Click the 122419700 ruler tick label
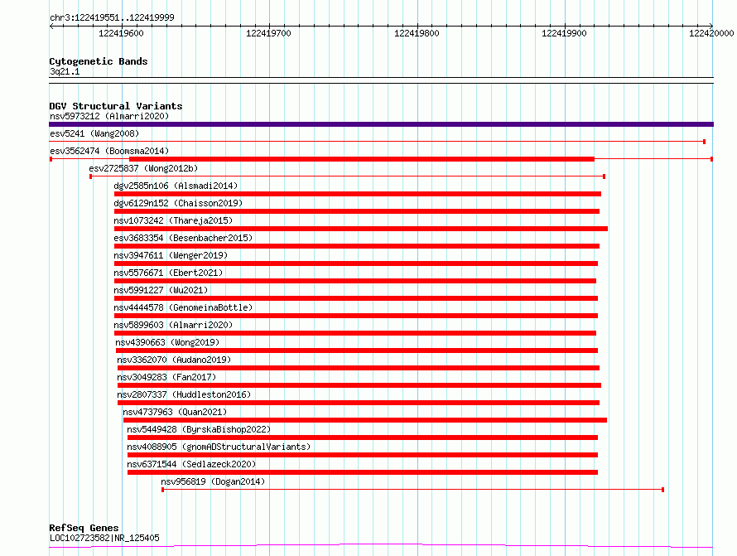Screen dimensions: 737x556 tap(268, 33)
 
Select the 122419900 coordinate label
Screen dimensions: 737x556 tap(564, 33)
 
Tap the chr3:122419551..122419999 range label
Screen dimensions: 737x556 tap(112, 17)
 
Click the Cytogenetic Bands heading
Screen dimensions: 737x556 tap(99, 61)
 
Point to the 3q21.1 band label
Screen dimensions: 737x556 tap(65, 71)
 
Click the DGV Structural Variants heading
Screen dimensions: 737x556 tap(116, 106)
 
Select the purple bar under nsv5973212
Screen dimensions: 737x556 tap(381, 124)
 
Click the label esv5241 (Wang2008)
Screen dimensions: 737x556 tap(94, 133)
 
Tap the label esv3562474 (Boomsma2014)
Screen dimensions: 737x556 tap(109, 151)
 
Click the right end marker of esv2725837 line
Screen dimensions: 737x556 tap(604, 176)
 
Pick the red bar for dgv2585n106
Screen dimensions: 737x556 tap(357, 194)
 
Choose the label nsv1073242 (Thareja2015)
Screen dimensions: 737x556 tap(173, 220)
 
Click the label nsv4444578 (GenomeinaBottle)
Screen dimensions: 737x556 tap(183, 307)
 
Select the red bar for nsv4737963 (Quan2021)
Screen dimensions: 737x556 tap(364, 420)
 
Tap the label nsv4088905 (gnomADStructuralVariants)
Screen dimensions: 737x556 tap(219, 447)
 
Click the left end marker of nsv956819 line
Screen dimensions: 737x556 tap(162, 490)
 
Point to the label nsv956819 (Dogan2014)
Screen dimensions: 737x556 tap(213, 481)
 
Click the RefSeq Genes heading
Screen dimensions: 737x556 tap(84, 528)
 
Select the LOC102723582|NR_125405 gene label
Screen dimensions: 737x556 tap(104, 538)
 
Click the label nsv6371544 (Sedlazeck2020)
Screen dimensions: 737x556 tap(191, 464)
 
